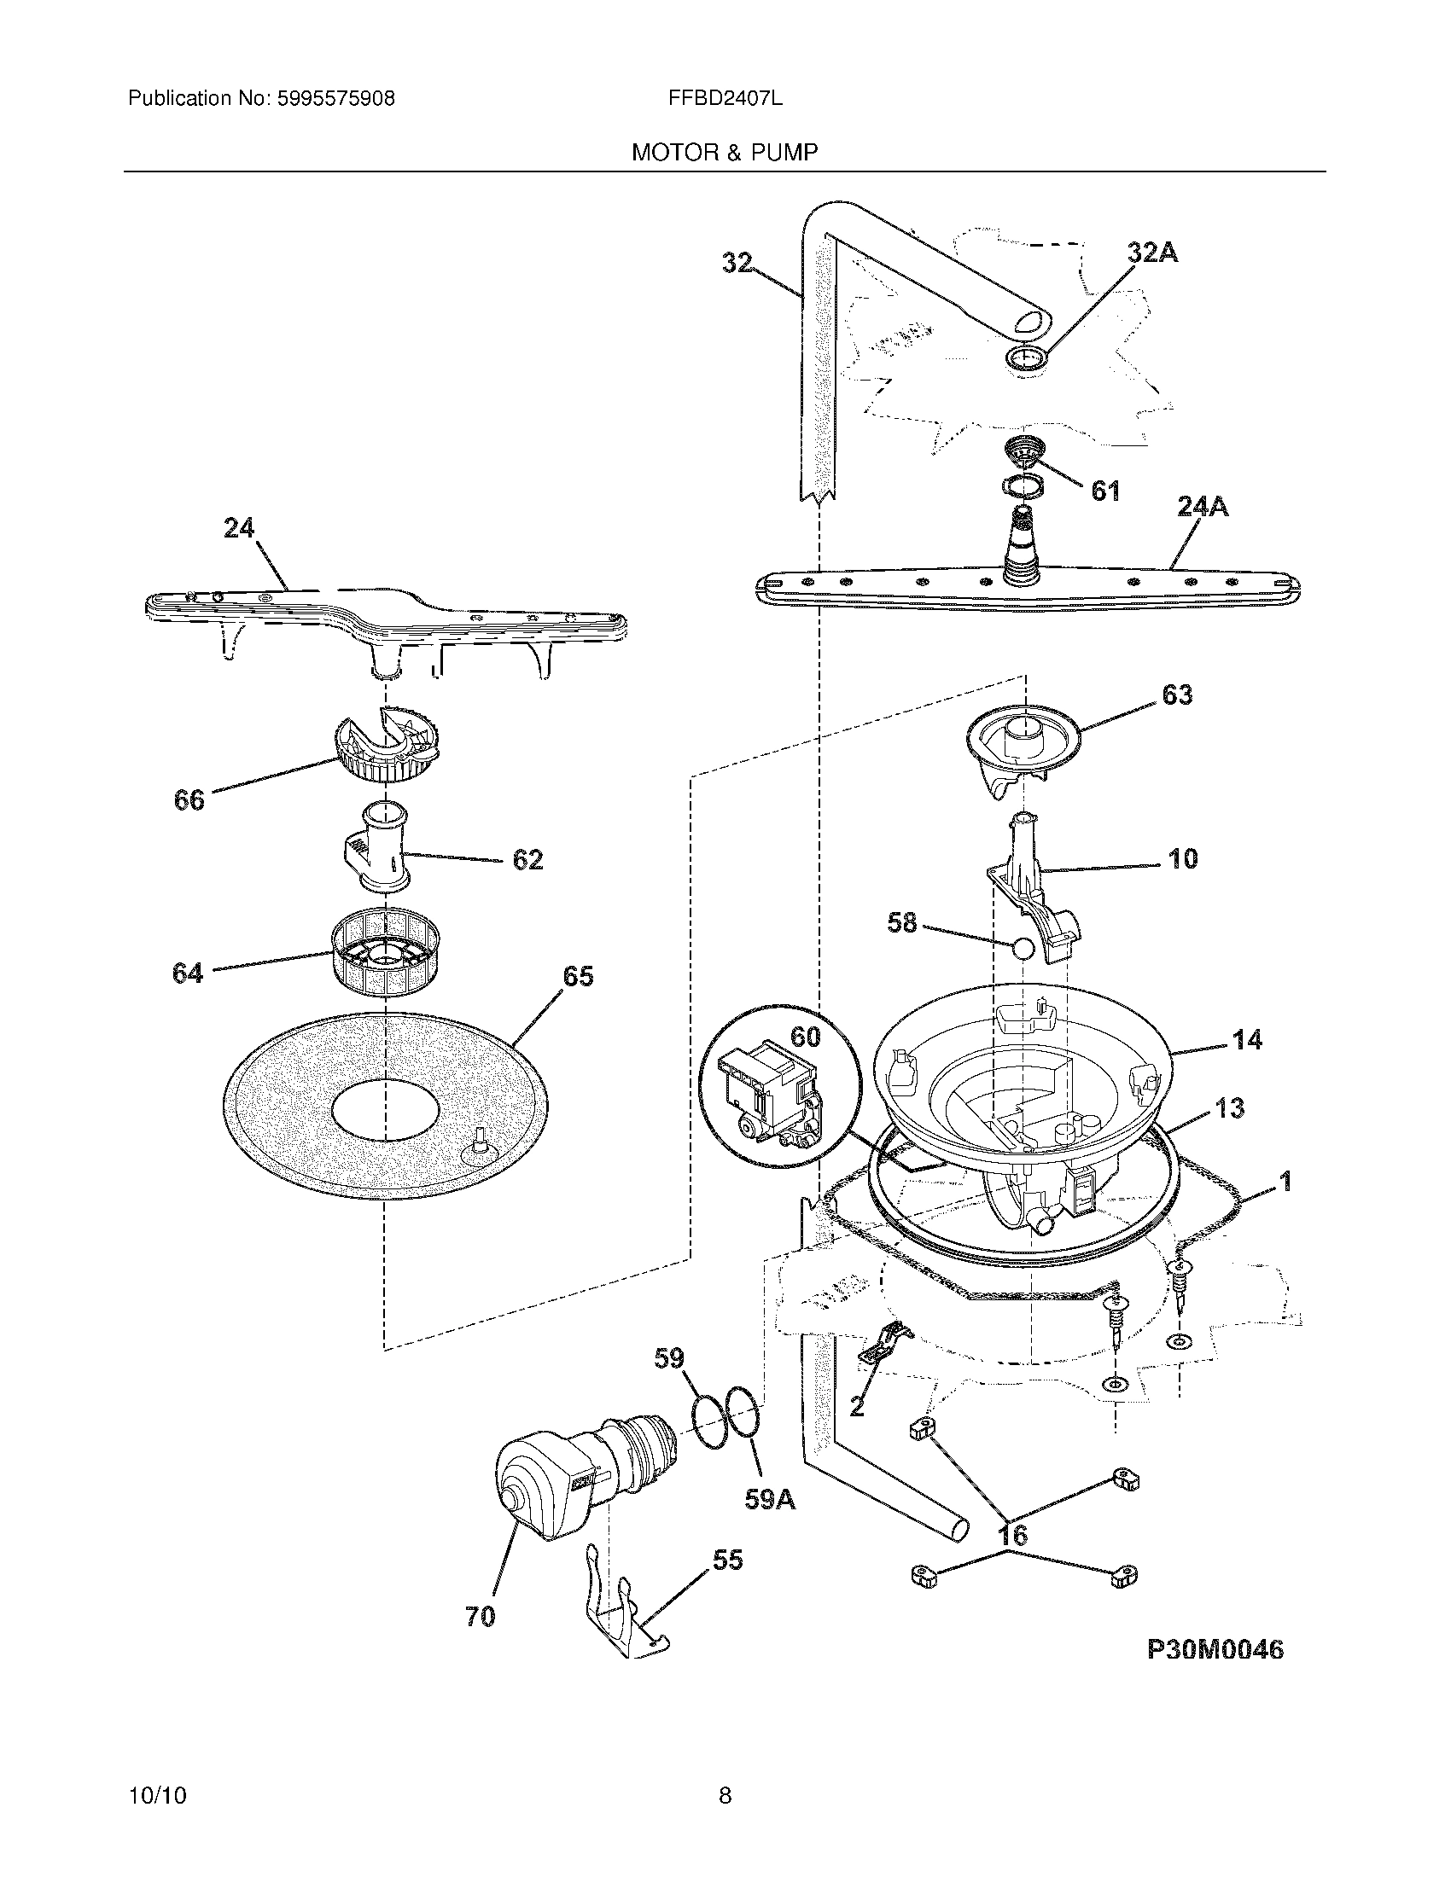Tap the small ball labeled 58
tap(1020, 949)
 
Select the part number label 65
tap(578, 976)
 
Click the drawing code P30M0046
tap(1215, 1649)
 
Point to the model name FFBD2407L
tap(725, 98)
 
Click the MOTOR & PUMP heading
tap(725, 152)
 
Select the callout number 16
tap(1013, 1535)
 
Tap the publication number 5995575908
tap(336, 98)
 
